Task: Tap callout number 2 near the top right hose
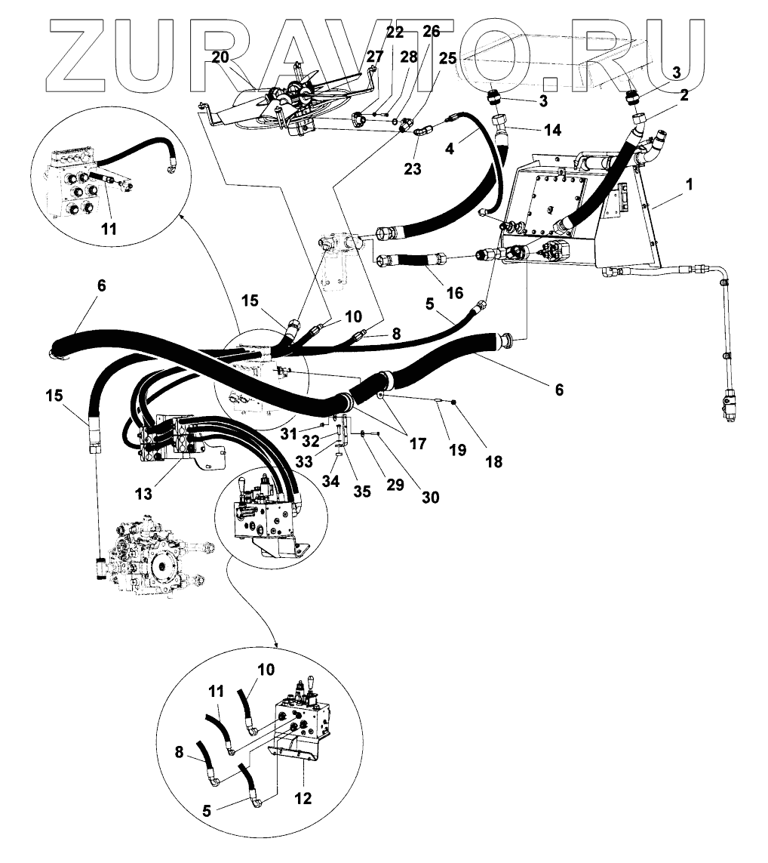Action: [x=685, y=96]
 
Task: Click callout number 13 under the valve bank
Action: [x=144, y=494]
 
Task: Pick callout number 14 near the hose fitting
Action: [x=532, y=130]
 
